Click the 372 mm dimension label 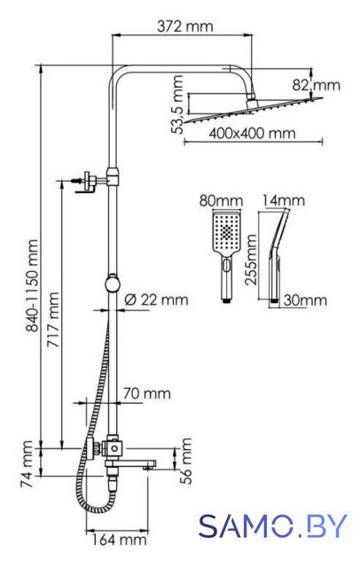pos(185,27)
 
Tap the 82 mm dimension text pos(317,85)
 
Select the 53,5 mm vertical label pos(178,105)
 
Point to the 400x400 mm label pos(252,134)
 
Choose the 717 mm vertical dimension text pos(53,319)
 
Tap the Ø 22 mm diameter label pos(156,299)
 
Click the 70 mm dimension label pos(147,393)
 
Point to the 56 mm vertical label pos(185,461)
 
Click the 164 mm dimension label pos(119,540)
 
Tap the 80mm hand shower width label pos(221,201)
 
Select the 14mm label pos(283,200)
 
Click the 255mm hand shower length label pos(250,260)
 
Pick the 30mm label pos(305,300)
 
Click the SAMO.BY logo pos(273,525)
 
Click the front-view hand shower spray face pos(226,231)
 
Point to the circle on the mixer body pos(114,449)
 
